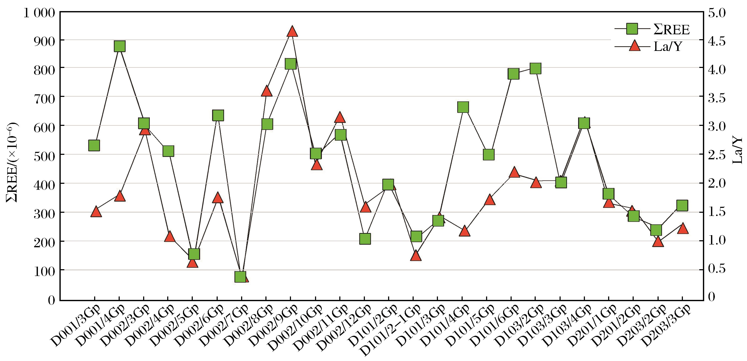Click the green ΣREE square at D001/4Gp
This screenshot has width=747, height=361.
[119, 46]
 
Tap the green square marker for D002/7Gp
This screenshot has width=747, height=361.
[241, 277]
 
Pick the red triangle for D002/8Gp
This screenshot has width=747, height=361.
[266, 91]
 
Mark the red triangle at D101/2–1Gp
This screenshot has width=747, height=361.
[416, 255]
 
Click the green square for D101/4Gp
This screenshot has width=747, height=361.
[463, 107]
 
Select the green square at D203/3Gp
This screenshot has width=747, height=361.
[682, 205]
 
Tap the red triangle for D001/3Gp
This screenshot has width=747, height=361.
[96, 212]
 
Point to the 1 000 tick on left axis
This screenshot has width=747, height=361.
[39, 13]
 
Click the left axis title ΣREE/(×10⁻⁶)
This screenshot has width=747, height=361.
[12, 162]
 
